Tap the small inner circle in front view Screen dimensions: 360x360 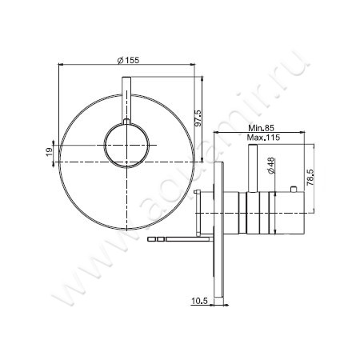(126, 146)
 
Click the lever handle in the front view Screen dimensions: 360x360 (126, 100)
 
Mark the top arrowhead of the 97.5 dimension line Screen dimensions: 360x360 (192, 82)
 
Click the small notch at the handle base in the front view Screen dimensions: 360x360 (126, 122)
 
